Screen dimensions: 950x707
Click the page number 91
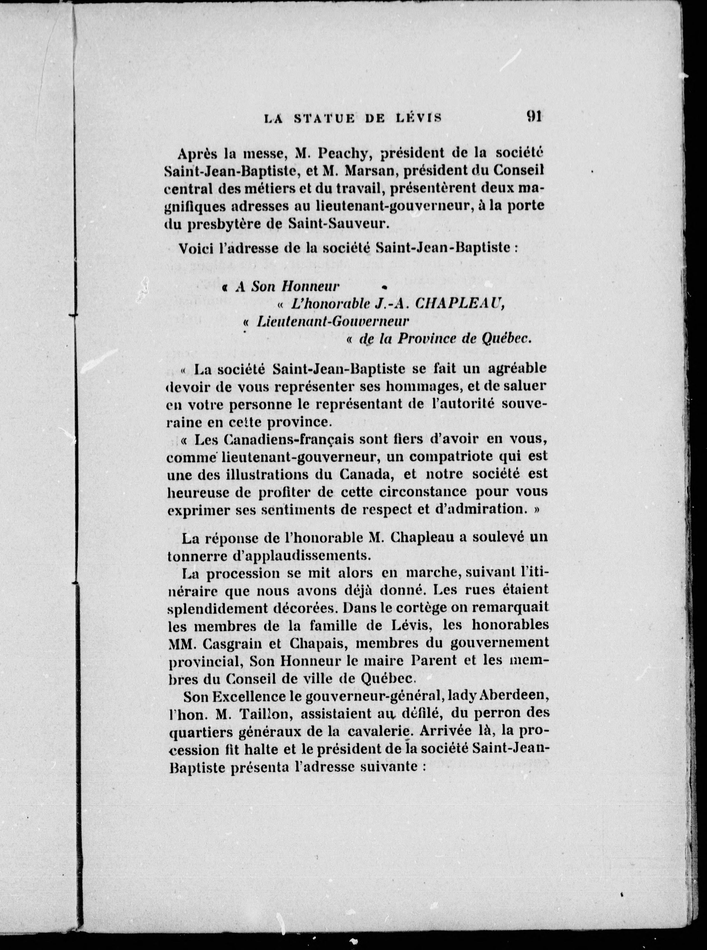point(534,116)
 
